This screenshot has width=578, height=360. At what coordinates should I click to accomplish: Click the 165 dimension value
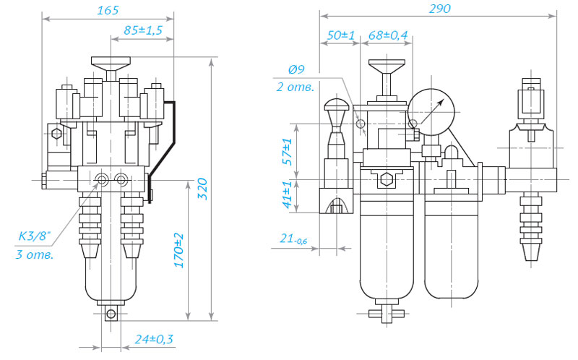(x=108, y=10)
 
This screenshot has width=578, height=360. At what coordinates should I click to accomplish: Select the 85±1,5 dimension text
(x=143, y=30)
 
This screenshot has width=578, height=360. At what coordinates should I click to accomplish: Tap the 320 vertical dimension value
(x=202, y=189)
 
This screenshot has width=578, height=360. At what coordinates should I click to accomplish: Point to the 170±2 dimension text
(x=178, y=250)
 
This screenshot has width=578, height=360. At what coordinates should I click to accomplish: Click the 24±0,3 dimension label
(x=154, y=339)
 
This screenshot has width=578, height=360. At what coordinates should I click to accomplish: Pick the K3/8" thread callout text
(x=34, y=236)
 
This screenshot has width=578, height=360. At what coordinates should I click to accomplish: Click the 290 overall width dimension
(x=439, y=9)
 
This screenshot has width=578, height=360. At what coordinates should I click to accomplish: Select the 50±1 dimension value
(x=341, y=35)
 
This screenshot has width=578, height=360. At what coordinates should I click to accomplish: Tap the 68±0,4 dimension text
(x=388, y=35)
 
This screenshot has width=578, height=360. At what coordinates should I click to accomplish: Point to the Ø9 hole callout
(x=296, y=69)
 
